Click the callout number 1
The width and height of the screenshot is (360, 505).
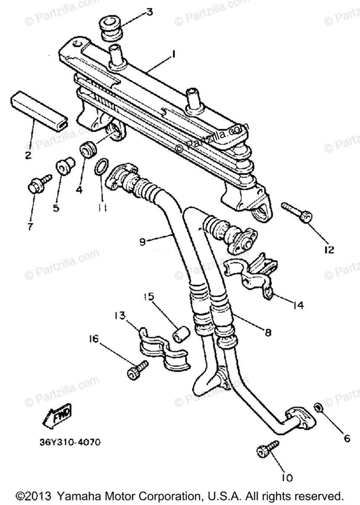coord(173,54)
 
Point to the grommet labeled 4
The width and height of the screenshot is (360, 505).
coord(87,149)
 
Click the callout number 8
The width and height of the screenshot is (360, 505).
coord(267,332)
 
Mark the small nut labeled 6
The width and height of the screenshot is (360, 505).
coord(319,407)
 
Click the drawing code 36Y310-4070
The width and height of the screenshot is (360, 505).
coord(69,443)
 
